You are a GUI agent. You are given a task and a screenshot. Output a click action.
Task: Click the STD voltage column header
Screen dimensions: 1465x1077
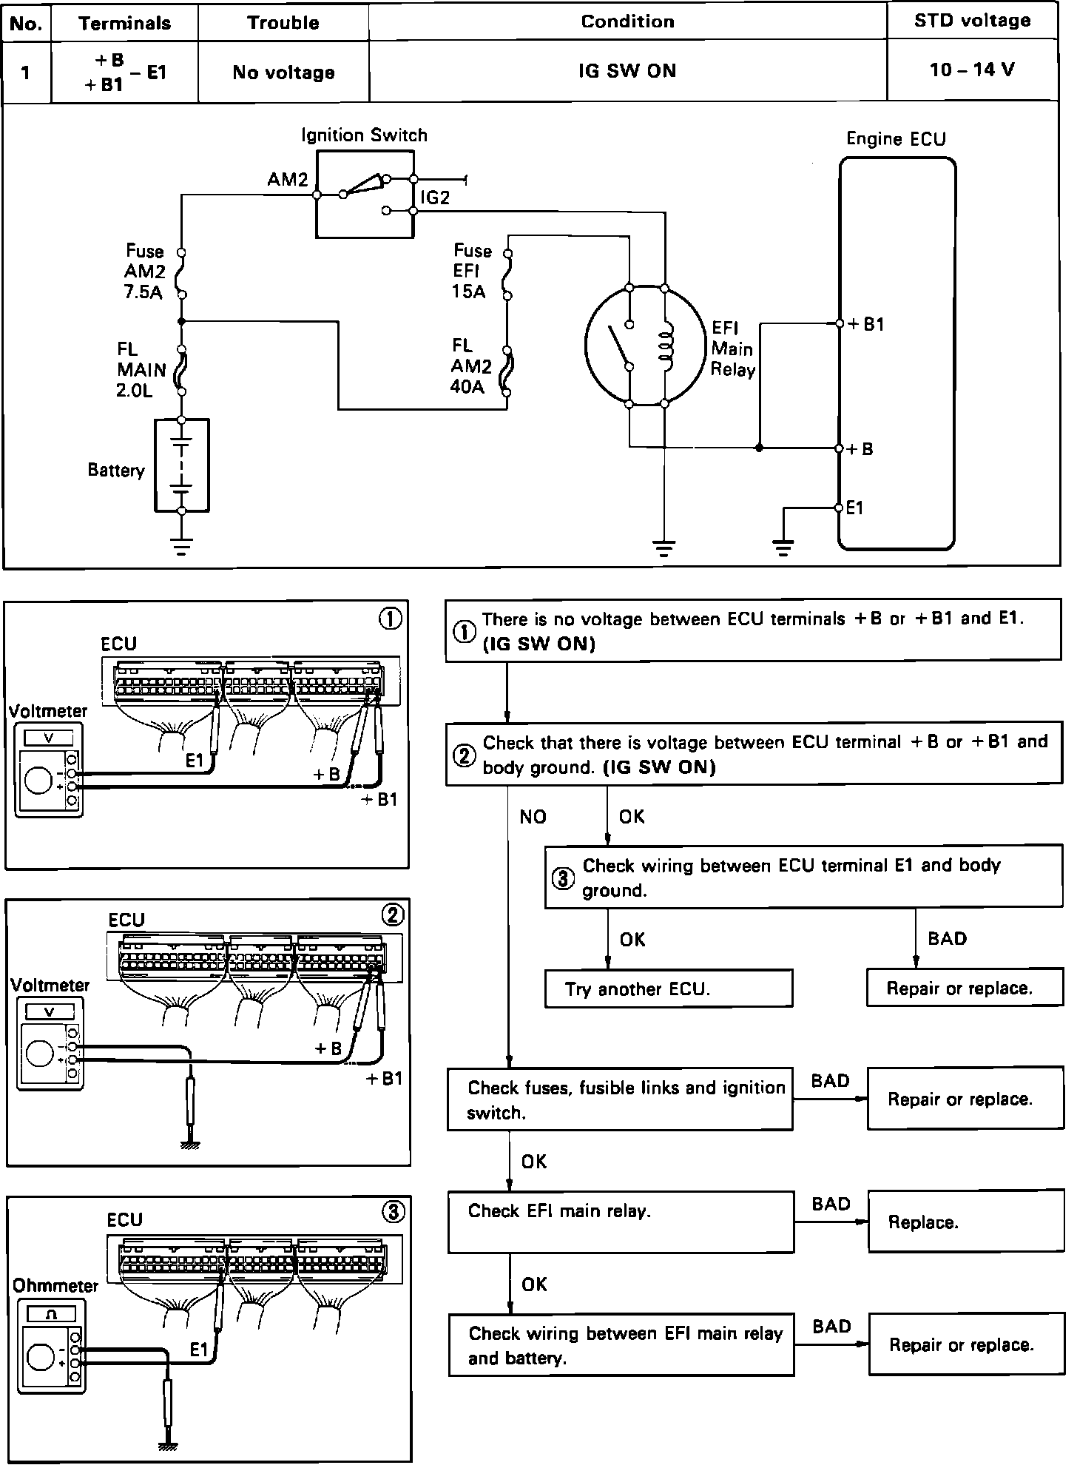972,21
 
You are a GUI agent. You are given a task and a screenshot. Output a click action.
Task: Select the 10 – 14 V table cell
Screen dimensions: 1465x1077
972,70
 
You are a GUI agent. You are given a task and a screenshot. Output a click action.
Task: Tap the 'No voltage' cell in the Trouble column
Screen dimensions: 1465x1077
283,72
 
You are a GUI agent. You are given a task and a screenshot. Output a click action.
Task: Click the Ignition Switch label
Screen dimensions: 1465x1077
364,135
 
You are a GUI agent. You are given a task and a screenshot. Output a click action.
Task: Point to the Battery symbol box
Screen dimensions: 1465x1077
182,465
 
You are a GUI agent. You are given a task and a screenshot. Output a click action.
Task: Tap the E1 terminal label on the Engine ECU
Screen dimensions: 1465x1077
855,508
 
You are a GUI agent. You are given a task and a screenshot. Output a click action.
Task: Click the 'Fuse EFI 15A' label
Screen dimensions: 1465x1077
471,271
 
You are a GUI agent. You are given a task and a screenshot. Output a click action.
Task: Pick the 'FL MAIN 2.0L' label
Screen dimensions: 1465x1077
141,369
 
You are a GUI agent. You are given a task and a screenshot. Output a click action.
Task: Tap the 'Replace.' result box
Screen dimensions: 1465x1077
965,1222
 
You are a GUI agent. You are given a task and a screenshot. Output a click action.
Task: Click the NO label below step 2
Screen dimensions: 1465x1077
533,817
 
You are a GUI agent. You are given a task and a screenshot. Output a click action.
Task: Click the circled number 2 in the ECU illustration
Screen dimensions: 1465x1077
393,915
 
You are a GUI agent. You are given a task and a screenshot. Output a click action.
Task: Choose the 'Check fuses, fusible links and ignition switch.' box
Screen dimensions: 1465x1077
619,1099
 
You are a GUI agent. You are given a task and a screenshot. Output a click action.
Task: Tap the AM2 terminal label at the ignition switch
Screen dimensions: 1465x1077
287,180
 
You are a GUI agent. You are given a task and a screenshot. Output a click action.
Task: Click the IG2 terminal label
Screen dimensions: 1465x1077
435,198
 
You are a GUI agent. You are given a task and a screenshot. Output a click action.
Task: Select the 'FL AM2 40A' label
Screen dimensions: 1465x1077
471,366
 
